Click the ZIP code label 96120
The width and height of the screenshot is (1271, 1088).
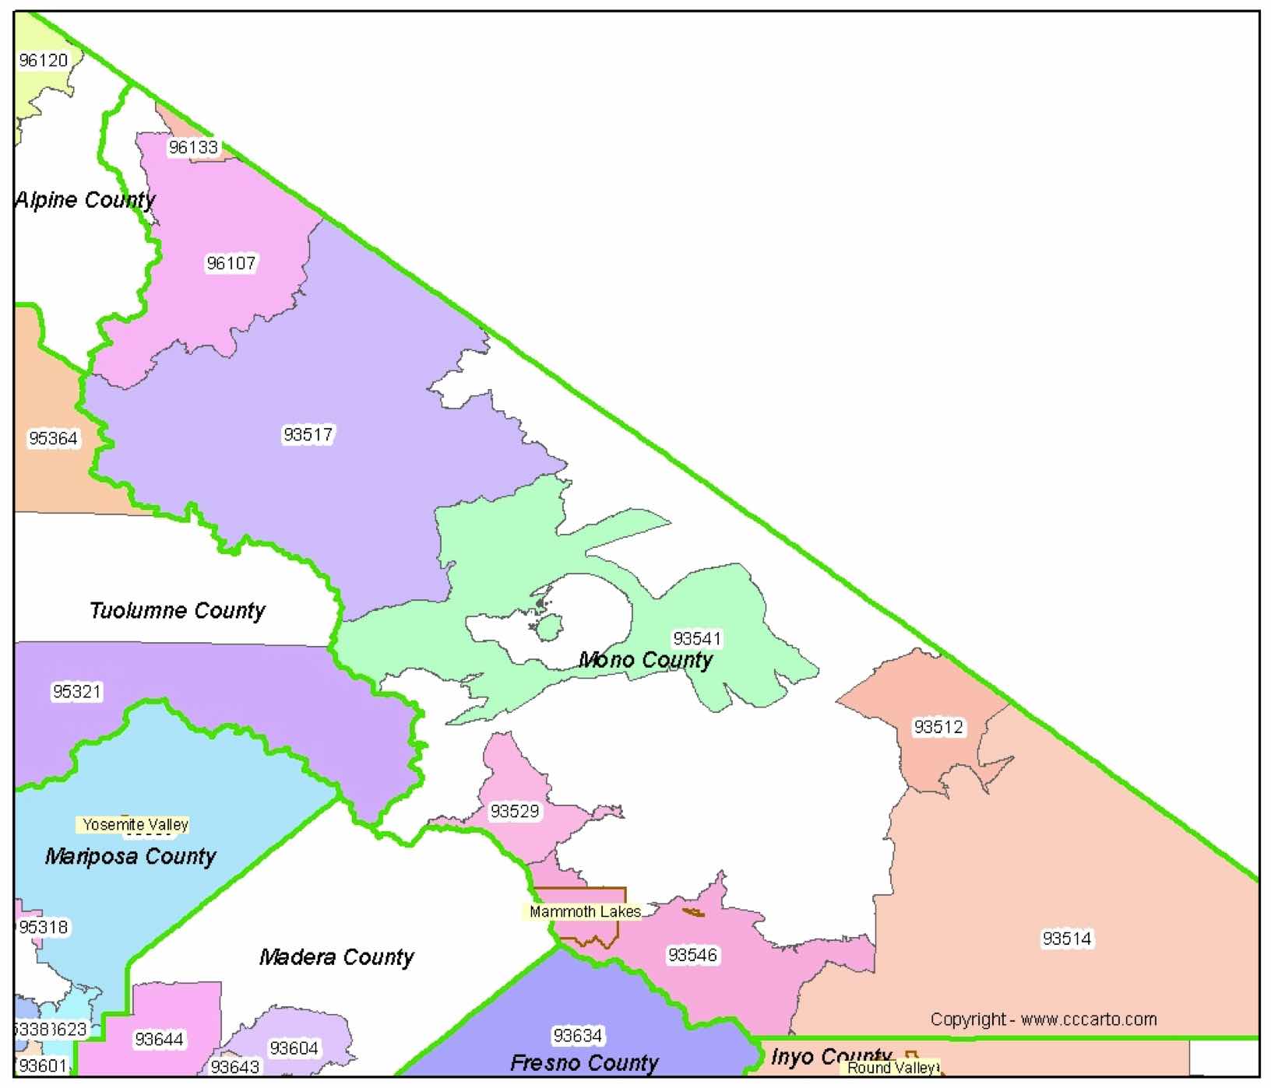(44, 60)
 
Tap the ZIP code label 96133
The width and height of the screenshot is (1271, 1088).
(194, 147)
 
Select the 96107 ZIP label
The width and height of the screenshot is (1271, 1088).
(231, 263)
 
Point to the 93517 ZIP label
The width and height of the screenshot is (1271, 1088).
(308, 434)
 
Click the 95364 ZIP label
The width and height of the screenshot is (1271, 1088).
(53, 438)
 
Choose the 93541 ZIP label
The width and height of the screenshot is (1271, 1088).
(697, 638)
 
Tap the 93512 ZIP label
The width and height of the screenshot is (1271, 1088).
(938, 727)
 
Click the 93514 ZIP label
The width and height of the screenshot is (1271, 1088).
(1067, 939)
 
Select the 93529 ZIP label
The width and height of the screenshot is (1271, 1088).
(514, 811)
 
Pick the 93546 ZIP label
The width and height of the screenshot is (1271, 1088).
(692, 955)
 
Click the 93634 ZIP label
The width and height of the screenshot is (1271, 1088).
(577, 1036)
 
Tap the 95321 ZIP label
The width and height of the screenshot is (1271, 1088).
(76, 691)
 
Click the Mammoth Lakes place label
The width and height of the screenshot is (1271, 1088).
(585, 911)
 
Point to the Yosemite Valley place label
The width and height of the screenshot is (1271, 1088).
(136, 824)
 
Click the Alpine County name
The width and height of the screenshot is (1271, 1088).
(85, 200)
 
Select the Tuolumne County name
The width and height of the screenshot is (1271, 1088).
(178, 610)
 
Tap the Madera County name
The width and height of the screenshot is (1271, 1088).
(336, 956)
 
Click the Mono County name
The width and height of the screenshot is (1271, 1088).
(646, 660)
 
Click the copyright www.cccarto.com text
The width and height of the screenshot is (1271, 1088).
(1044, 1019)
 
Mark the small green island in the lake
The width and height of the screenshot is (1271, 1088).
(550, 626)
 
